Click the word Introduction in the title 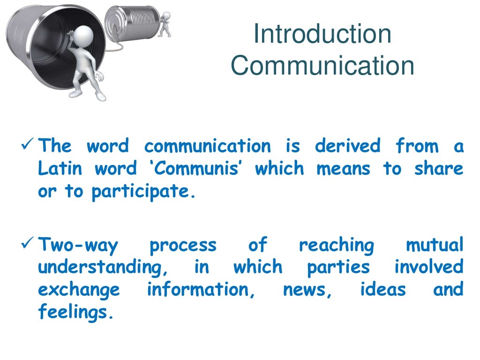click(322, 35)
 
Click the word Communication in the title click(322, 66)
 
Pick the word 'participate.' click(142, 191)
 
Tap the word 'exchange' click(78, 290)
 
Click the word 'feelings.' click(75, 312)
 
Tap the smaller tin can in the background click(131, 22)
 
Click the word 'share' click(438, 168)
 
